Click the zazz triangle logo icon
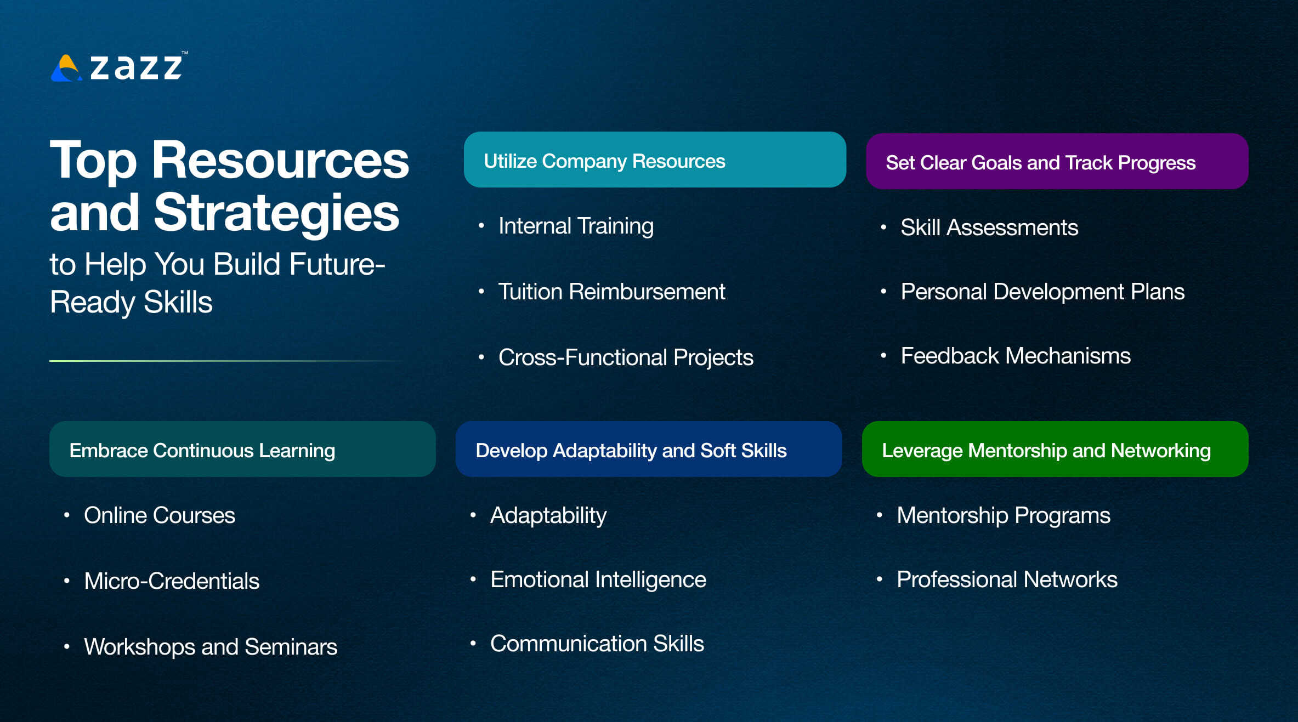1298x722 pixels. point(66,69)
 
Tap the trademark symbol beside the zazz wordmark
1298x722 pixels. point(185,53)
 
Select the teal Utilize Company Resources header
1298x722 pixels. point(654,160)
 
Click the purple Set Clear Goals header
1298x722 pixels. point(1057,162)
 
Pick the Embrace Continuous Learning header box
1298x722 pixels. point(242,450)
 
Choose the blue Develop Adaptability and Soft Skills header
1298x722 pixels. point(648,450)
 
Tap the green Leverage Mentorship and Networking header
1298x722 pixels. point(1055,450)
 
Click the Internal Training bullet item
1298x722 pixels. point(575,226)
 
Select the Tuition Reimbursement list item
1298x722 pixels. point(611,292)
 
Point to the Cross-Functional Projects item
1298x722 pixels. point(625,357)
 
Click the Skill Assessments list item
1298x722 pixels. point(989,228)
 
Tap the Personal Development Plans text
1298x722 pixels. point(1042,292)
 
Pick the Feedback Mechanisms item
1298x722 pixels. point(1015,356)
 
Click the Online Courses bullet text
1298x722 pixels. point(159,515)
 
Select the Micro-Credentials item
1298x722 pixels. point(171,581)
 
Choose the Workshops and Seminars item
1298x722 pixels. point(210,647)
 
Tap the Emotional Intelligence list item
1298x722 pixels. point(598,579)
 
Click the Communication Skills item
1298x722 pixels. point(597,644)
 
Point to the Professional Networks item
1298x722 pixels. point(1006,579)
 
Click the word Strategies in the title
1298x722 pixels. point(276,213)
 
